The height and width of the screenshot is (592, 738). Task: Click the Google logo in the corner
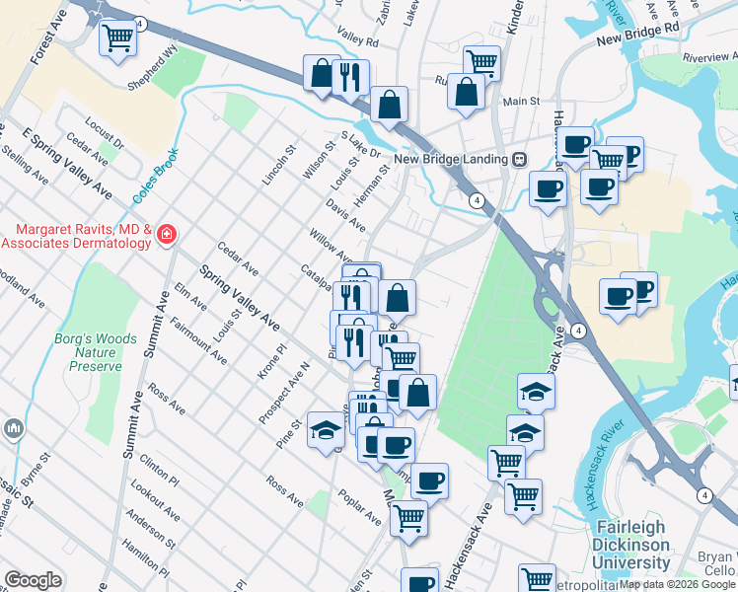(33, 580)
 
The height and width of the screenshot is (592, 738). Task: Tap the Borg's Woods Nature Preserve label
(96, 352)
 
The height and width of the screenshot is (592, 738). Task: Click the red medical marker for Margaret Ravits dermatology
(167, 235)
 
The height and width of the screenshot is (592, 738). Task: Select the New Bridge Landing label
(451, 159)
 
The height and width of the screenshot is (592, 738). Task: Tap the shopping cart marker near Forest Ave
(118, 38)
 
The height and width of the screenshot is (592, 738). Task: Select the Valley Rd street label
(357, 42)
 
